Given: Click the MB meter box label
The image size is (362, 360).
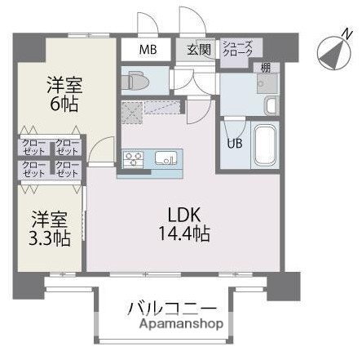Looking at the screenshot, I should (x=148, y=50).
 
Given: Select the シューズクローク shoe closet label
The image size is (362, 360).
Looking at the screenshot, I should (x=238, y=50).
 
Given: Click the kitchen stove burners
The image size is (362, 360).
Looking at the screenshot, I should (x=134, y=158).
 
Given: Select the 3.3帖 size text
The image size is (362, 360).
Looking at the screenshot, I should (x=51, y=238).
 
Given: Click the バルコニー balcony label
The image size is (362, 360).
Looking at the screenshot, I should (x=172, y=309).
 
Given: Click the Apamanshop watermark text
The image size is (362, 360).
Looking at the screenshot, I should (x=172, y=325).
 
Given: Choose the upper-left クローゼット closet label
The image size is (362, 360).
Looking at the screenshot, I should (x=33, y=149).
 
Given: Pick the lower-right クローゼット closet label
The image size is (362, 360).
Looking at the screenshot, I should (x=67, y=170).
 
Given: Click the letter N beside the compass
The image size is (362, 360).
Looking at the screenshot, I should (x=348, y=35).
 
